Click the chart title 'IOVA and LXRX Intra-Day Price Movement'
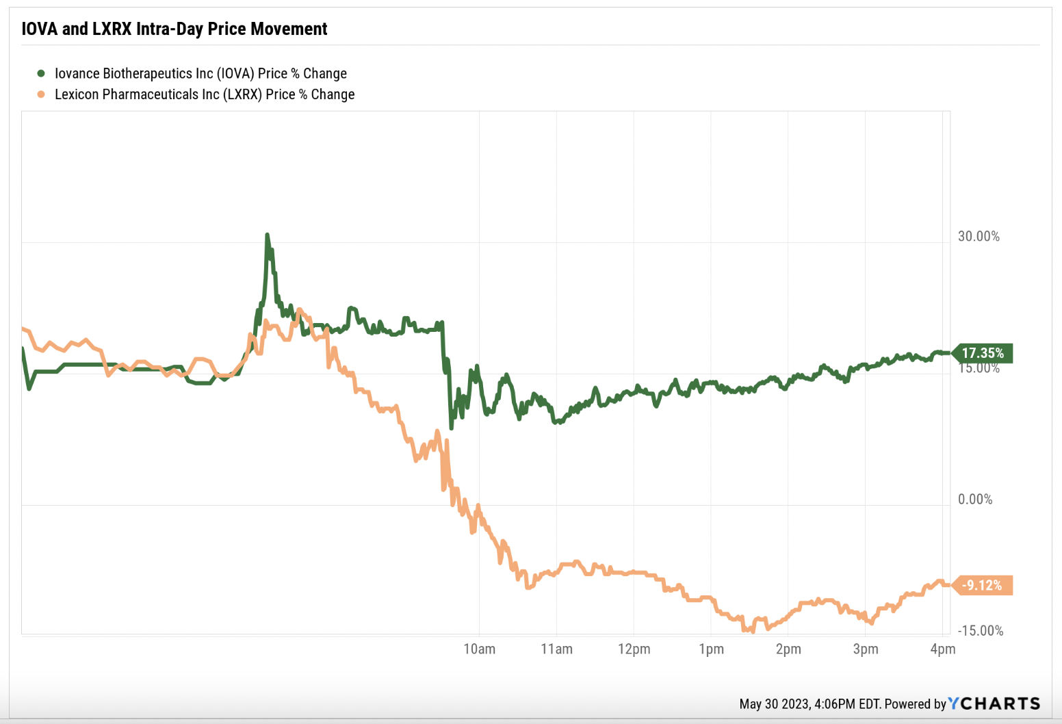[174, 29]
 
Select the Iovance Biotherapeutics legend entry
[200, 73]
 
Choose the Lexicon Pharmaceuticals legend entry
[205, 94]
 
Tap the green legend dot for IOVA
[41, 73]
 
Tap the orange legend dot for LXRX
[41, 94]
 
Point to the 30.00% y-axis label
[979, 236]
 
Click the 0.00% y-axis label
[975, 499]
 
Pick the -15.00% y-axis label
[980, 630]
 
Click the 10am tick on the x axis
[479, 649]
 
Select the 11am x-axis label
[556, 649]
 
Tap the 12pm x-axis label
[634, 649]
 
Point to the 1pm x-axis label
[711, 649]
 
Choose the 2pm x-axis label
[788, 649]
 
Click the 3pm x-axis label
[866, 649]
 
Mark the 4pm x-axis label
[943, 649]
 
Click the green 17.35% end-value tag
[983, 353]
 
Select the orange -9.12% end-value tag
[982, 585]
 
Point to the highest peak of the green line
[267, 235]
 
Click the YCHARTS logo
[994, 703]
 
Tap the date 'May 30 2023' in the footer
[774, 703]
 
